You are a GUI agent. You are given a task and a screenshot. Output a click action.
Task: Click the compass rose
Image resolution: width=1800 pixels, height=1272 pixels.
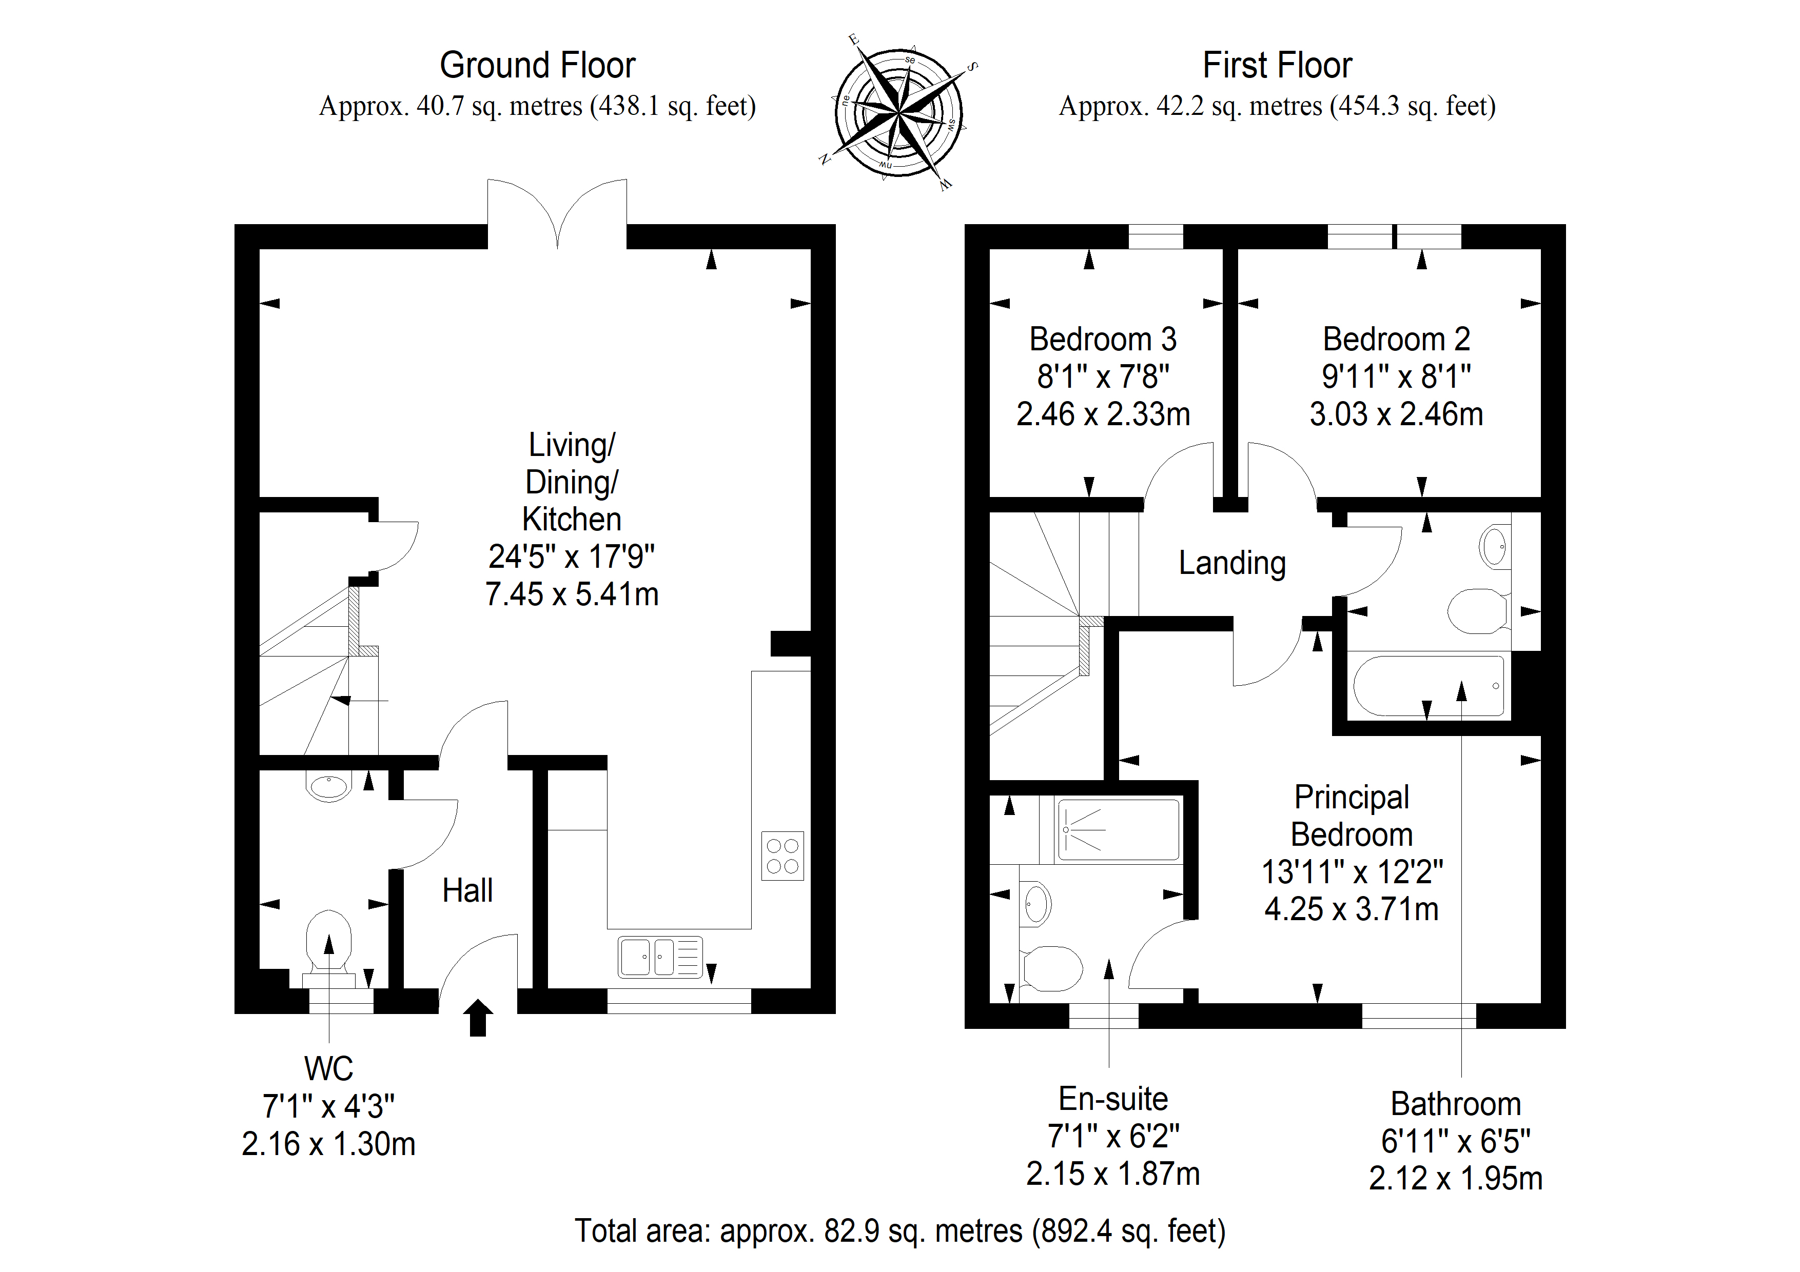898,112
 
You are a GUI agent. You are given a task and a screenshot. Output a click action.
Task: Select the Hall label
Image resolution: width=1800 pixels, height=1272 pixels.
467,890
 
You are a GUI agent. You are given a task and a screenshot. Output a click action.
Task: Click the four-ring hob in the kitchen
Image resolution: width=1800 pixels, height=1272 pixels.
782,856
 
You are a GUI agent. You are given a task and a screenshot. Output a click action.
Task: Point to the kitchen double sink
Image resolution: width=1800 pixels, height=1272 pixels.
660,957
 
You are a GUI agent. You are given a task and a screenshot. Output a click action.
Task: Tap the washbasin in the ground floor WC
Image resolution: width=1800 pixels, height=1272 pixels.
329,787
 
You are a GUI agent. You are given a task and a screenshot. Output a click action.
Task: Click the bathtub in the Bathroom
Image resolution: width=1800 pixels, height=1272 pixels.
1429,686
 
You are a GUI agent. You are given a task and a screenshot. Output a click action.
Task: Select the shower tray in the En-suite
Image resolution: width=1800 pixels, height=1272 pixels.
1118,830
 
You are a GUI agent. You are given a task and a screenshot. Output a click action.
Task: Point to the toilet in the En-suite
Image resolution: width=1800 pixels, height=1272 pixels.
1050,969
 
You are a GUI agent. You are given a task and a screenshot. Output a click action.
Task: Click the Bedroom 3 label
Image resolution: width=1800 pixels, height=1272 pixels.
1103,340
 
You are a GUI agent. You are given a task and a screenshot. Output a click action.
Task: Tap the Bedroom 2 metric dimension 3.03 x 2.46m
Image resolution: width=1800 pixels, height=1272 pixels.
1396,414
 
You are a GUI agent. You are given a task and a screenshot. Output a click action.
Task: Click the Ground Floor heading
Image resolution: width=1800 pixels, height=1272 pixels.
537,65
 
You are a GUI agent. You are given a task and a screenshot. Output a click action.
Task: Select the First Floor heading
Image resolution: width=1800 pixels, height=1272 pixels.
1277,65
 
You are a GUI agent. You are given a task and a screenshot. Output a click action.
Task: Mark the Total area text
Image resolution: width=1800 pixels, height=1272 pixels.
900,1231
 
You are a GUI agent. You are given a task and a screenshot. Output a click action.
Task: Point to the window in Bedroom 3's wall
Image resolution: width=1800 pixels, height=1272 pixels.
1156,236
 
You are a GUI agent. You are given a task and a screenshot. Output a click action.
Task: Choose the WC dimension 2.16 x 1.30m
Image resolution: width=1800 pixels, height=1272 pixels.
328,1144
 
